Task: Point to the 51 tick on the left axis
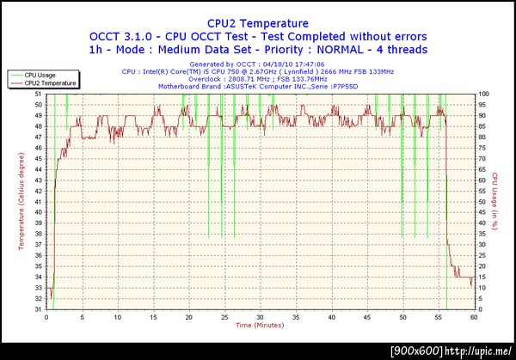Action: tap(38, 95)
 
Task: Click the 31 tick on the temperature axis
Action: tap(38, 309)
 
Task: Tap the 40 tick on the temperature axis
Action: tap(38, 213)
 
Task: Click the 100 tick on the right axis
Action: tap(484, 95)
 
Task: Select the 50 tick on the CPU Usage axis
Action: tap(482, 202)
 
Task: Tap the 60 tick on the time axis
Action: tap(474, 317)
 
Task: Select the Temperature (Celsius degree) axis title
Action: tap(21, 201)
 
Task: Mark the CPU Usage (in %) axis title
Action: tap(496, 202)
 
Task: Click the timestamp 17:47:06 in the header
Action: tap(307, 64)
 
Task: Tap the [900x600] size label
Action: tap(415, 351)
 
